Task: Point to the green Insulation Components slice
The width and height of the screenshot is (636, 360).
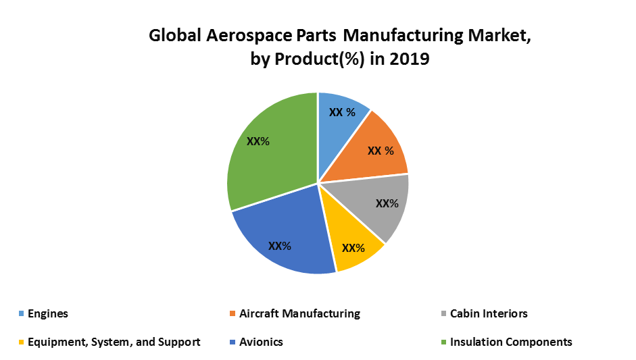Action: pos(270,155)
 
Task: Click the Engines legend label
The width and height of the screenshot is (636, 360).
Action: pos(48,313)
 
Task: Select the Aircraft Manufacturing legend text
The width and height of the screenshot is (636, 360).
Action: pos(299,313)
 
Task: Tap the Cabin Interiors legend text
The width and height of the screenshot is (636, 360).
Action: pos(489,313)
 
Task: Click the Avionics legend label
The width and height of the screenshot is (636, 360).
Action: pos(261,342)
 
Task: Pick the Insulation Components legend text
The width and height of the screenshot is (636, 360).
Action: pos(511,342)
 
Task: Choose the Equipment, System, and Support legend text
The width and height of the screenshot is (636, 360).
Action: pos(114,342)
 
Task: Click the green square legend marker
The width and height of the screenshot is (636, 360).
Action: pos(443,342)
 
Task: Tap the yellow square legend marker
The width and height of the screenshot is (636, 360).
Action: pos(21,342)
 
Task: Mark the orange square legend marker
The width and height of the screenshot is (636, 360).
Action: pos(233,314)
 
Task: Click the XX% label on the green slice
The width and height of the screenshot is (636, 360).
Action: pos(258,142)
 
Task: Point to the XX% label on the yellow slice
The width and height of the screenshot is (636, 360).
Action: pos(353,248)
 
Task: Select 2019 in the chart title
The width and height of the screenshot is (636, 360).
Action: pos(410,59)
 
